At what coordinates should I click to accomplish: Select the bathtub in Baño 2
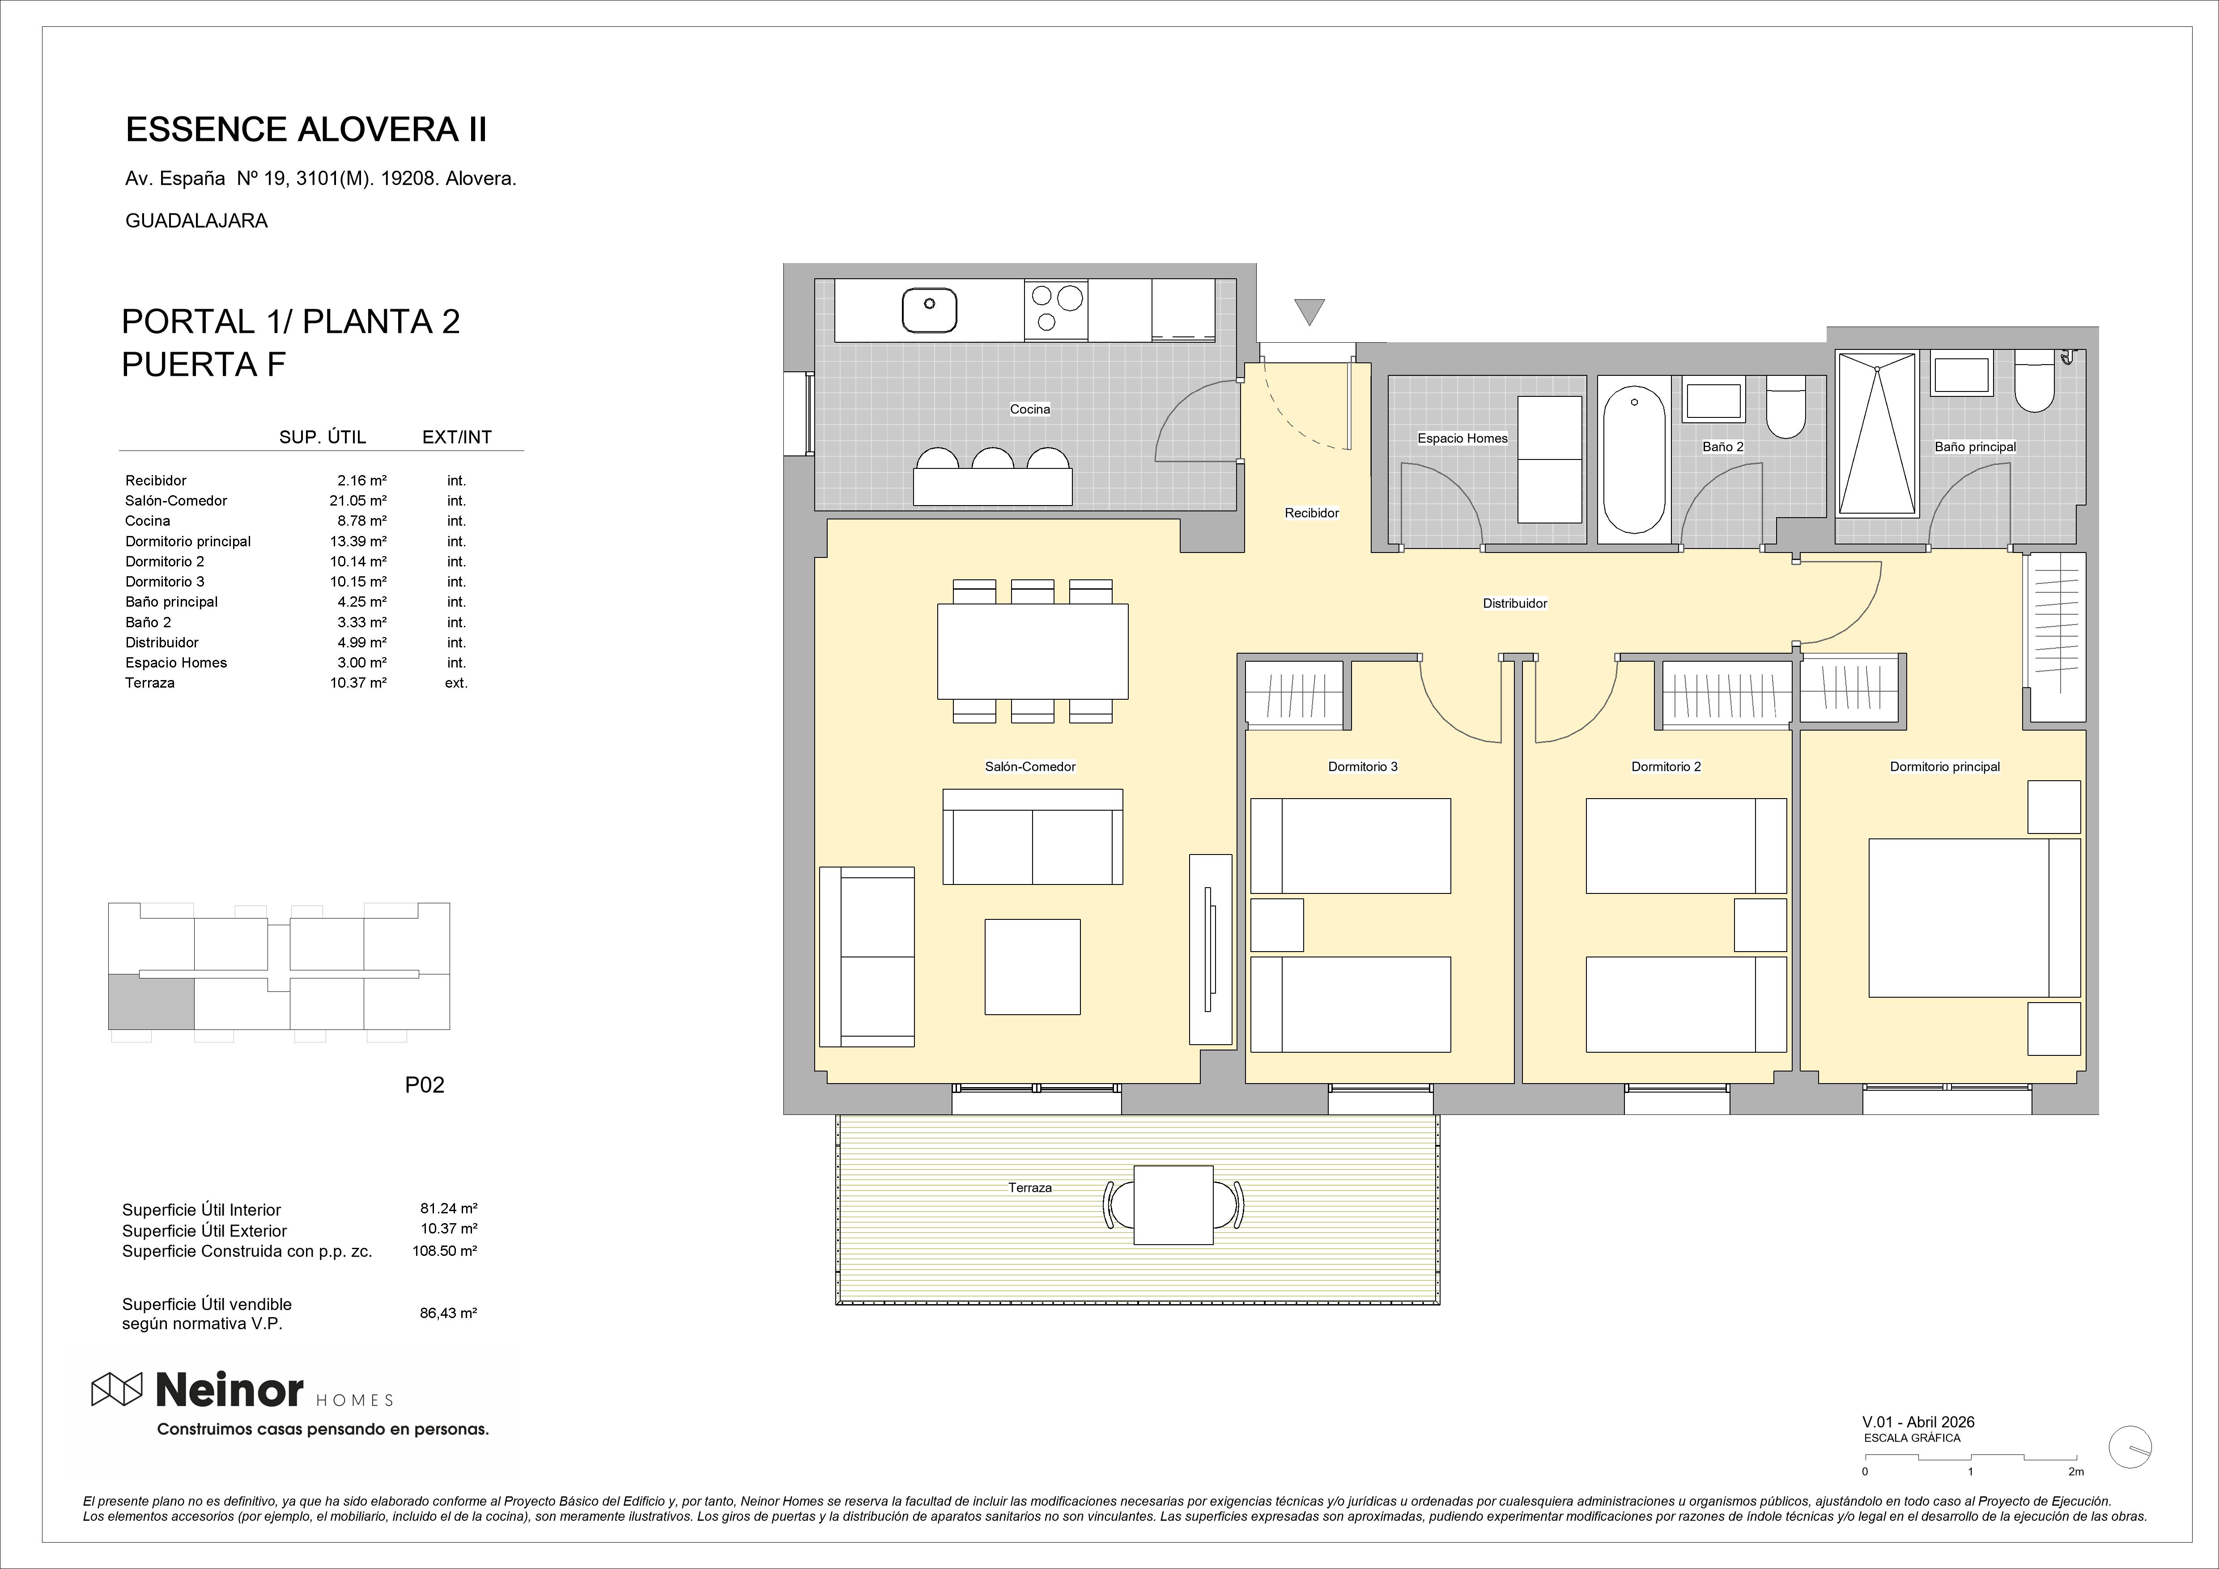click(1634, 461)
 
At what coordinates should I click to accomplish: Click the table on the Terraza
click(1173, 1204)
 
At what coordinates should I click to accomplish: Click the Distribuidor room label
click(1514, 603)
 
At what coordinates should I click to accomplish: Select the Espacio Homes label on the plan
click(1462, 438)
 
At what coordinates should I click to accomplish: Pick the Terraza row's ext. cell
click(456, 683)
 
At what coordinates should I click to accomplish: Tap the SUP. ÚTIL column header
click(323, 437)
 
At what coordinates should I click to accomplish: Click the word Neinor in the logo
click(230, 1390)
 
